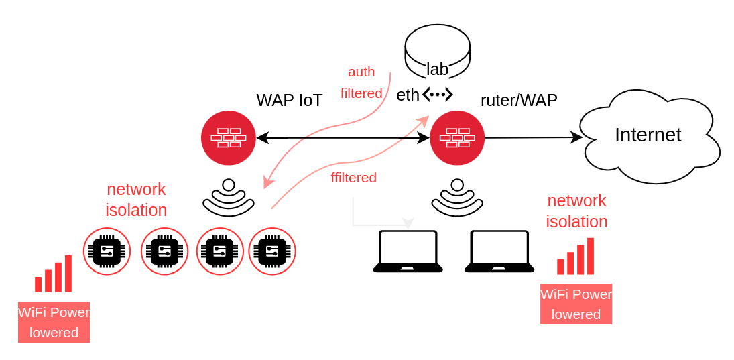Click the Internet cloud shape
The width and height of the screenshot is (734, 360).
tap(648, 136)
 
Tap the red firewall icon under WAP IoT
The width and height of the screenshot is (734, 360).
tap(229, 138)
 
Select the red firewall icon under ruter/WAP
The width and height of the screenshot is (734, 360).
tap(457, 138)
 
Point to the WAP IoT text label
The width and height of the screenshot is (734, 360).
tap(290, 101)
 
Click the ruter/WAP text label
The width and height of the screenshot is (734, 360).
tap(519, 100)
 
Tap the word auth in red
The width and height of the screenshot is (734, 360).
tap(361, 72)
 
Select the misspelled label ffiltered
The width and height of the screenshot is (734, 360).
tap(353, 178)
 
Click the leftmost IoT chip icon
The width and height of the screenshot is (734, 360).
tap(107, 251)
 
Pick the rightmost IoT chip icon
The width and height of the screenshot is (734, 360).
tap(272, 251)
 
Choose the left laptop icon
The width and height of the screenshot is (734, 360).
tap(408, 251)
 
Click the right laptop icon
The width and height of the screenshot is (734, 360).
tap(499, 251)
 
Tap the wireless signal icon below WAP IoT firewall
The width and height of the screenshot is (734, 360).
tap(229, 198)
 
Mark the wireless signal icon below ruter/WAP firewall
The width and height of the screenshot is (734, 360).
tap(457, 198)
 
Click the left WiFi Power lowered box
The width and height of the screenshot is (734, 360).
tap(54, 322)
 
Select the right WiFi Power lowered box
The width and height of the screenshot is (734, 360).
tap(576, 304)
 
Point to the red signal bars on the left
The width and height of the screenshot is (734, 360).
tap(54, 274)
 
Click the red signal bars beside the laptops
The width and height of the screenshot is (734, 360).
tap(576, 257)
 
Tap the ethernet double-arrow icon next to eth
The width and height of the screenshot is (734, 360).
tap(438, 95)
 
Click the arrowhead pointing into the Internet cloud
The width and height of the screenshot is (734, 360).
tap(577, 137)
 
